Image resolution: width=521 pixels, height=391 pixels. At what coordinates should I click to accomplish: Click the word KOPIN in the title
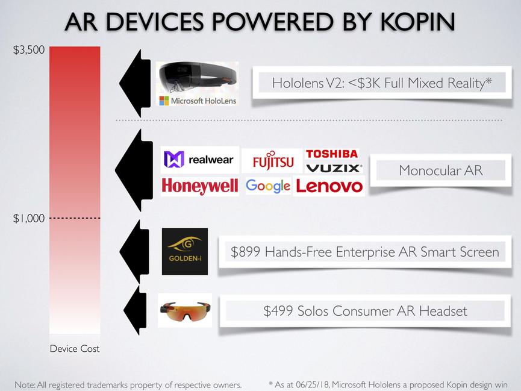(x=417, y=21)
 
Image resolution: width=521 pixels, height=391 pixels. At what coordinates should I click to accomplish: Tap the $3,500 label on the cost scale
(x=29, y=50)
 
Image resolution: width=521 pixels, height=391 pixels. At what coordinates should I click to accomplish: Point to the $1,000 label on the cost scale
(x=29, y=219)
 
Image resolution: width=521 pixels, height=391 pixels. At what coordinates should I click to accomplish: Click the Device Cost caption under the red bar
(x=75, y=348)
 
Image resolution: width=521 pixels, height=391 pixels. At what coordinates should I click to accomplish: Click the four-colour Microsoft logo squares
(x=164, y=101)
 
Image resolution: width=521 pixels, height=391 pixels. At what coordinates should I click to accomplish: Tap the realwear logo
(x=200, y=160)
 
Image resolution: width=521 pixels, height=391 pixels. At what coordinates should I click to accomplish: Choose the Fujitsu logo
(x=273, y=161)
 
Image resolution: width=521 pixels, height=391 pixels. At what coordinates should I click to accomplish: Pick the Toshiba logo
(x=332, y=154)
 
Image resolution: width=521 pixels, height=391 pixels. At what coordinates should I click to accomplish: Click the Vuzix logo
(x=334, y=168)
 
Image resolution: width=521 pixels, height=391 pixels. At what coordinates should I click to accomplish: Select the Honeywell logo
(x=200, y=186)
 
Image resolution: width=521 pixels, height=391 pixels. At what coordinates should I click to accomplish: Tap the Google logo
(x=268, y=186)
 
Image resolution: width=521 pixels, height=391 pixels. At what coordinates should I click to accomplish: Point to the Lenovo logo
(x=329, y=186)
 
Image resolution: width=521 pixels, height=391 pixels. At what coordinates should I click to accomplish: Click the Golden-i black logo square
(x=185, y=251)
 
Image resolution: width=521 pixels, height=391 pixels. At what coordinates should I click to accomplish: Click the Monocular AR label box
(x=440, y=170)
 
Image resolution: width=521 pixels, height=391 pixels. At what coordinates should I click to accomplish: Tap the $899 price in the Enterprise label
(x=245, y=252)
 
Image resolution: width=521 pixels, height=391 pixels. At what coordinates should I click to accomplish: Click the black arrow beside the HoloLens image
(x=135, y=84)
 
